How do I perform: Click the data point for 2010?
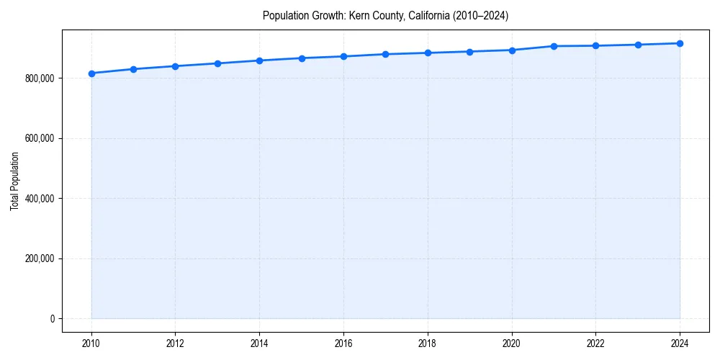click(x=91, y=73)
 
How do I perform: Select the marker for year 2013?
click(x=217, y=63)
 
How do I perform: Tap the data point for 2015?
click(x=302, y=58)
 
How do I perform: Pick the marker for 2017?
click(x=386, y=54)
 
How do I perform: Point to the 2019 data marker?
click(x=469, y=52)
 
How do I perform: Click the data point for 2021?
click(x=554, y=46)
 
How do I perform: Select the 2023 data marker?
click(x=638, y=45)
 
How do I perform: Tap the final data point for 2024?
click(x=680, y=43)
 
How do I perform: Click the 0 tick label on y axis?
click(x=52, y=319)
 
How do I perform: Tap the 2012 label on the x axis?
click(x=176, y=343)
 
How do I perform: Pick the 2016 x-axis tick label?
click(x=343, y=343)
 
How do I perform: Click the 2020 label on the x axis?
click(x=512, y=343)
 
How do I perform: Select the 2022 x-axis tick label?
click(x=596, y=343)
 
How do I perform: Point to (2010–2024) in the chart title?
click(x=480, y=16)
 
